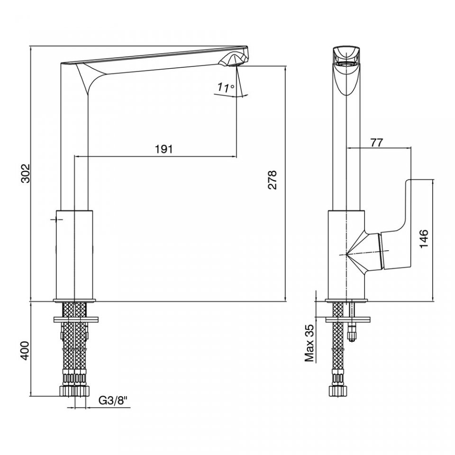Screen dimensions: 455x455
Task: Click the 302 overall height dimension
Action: tap(26, 173)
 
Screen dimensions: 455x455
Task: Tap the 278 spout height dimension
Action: tap(272, 180)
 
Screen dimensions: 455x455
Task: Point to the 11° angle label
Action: tap(226, 87)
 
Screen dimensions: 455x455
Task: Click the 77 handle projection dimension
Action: tap(377, 143)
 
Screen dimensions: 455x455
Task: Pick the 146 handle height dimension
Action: tap(424, 238)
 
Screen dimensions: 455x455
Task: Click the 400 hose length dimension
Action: tap(26, 350)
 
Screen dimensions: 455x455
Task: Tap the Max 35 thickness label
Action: tap(310, 343)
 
